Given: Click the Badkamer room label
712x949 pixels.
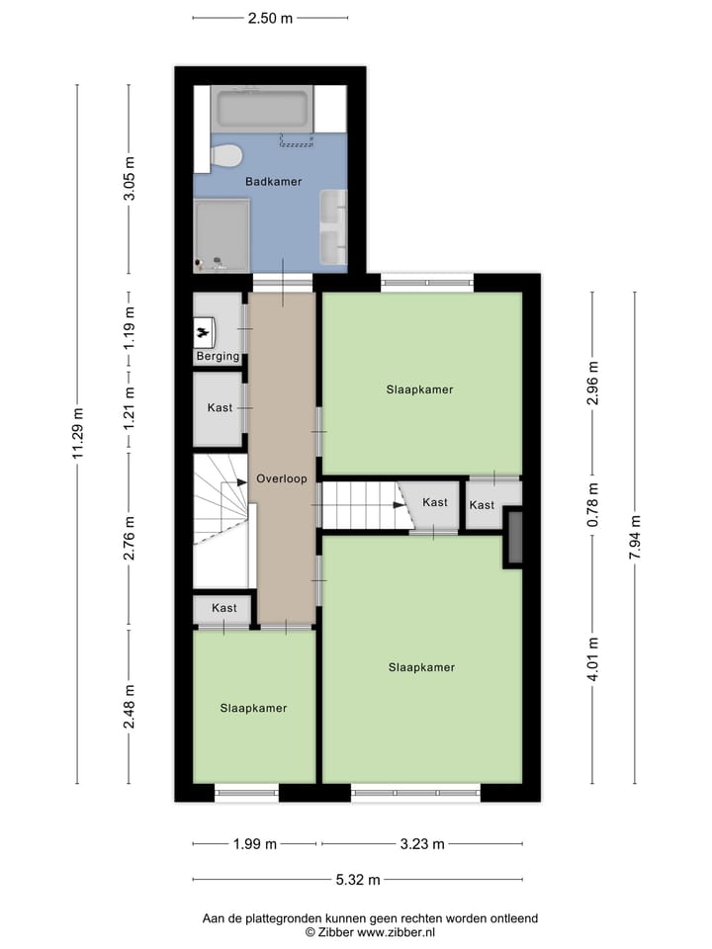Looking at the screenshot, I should [273, 182].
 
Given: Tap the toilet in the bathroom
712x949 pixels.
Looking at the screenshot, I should [227, 156].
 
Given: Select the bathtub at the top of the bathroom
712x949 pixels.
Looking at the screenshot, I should [264, 109].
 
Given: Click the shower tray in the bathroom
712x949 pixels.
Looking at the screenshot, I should [222, 233].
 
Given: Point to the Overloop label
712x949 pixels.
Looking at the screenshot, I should [281, 478].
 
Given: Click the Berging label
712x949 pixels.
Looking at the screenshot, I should [217, 356].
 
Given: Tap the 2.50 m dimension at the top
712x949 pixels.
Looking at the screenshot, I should [270, 18].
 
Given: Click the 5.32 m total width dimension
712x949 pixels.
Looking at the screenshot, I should [356, 879].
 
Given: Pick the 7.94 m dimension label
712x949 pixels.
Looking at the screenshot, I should [635, 538].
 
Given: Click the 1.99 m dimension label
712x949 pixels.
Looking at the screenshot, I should [254, 844].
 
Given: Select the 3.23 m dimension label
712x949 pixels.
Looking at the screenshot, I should [422, 844].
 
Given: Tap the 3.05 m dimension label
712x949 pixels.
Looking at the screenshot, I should [129, 180].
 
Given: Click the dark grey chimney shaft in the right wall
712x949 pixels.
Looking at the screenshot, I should [513, 537].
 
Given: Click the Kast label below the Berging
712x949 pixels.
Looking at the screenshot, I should [220, 408].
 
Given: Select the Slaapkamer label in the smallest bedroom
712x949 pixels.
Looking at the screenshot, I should [253, 708].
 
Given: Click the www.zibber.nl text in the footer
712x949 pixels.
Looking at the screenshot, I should [396, 932].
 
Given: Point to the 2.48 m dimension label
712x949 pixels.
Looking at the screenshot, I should [129, 706].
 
